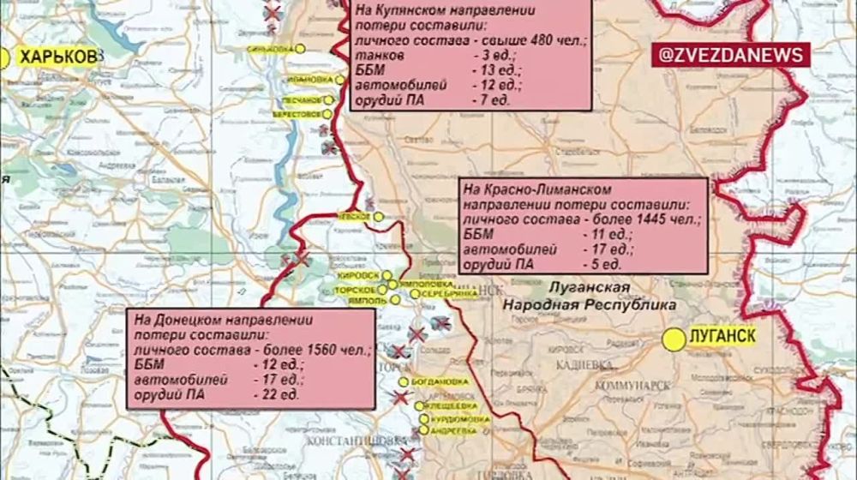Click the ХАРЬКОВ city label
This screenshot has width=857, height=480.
57,57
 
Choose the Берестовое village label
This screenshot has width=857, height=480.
297,114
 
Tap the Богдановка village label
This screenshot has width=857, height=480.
440,381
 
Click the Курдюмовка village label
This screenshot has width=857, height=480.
458,419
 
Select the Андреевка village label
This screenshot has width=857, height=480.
453,432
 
